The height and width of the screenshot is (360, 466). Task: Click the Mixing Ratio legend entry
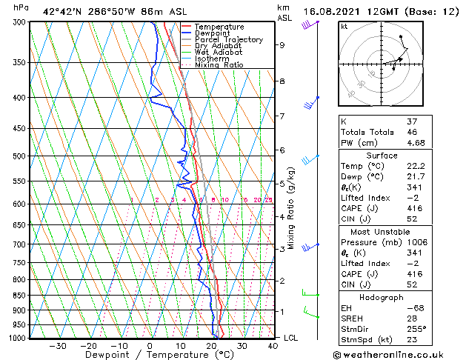pyautogui.click(x=219, y=64)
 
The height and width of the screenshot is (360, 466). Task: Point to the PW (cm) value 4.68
pyautogui.click(x=415, y=143)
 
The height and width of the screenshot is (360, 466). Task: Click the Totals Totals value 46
pyautogui.click(x=412, y=132)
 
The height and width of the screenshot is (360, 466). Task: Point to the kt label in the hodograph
pyautogui.click(x=344, y=27)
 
